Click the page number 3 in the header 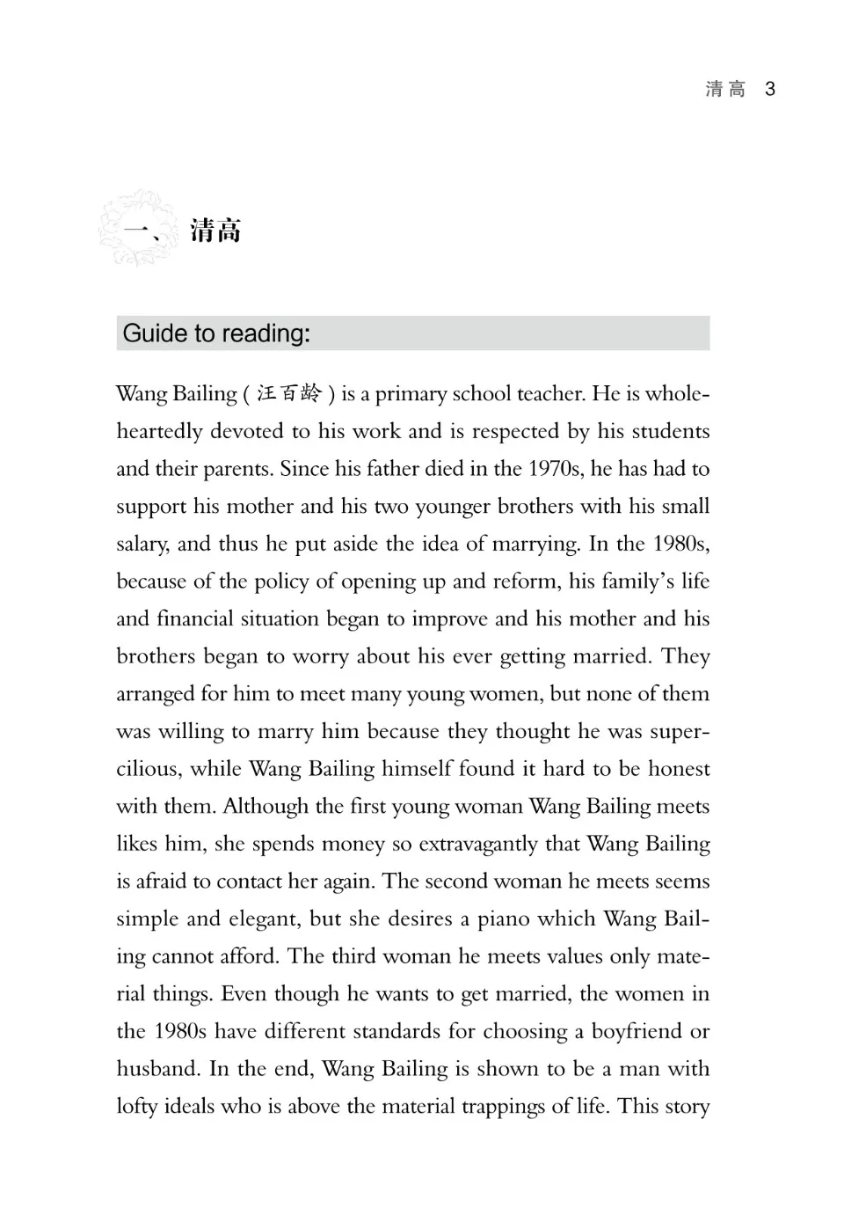point(770,89)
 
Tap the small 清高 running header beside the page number point(725,89)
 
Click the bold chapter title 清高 point(215,231)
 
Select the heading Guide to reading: point(216,333)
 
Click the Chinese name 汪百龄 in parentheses point(289,394)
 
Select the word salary point(142,545)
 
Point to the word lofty point(138,1107)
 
